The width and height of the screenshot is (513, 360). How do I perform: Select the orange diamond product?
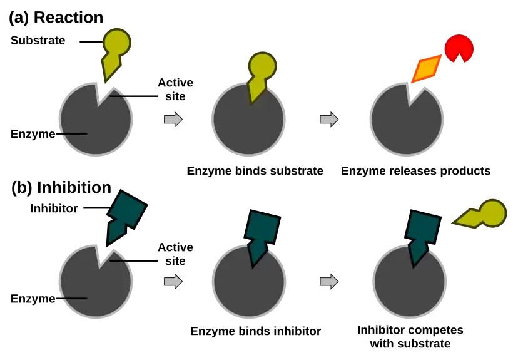coord(426,69)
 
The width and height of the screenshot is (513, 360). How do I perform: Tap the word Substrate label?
coord(38,41)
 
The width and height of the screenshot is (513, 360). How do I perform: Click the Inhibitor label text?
coord(54,208)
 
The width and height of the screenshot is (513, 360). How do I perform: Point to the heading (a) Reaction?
coord(56,18)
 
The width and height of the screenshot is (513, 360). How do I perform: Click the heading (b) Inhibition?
coord(61,188)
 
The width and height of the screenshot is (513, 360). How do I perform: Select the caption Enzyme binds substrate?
coord(255,171)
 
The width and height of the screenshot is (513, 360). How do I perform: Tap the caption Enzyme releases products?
coord(415,171)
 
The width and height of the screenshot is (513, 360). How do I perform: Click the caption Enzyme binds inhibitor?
coord(255,331)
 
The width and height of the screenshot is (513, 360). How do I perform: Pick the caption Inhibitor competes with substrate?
coord(410,337)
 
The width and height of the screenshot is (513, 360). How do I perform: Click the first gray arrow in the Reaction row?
coord(173,119)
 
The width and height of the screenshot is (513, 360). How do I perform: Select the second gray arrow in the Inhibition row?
coord(329,282)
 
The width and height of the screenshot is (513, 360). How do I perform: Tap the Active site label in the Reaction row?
coord(175,90)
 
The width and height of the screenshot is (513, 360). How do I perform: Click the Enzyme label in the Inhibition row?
coord(33,299)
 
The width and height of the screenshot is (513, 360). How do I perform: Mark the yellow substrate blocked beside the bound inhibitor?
coord(480,214)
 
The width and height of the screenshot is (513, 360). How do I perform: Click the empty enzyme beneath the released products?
coord(407,119)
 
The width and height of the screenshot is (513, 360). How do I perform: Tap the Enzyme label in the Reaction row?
coord(33,134)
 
